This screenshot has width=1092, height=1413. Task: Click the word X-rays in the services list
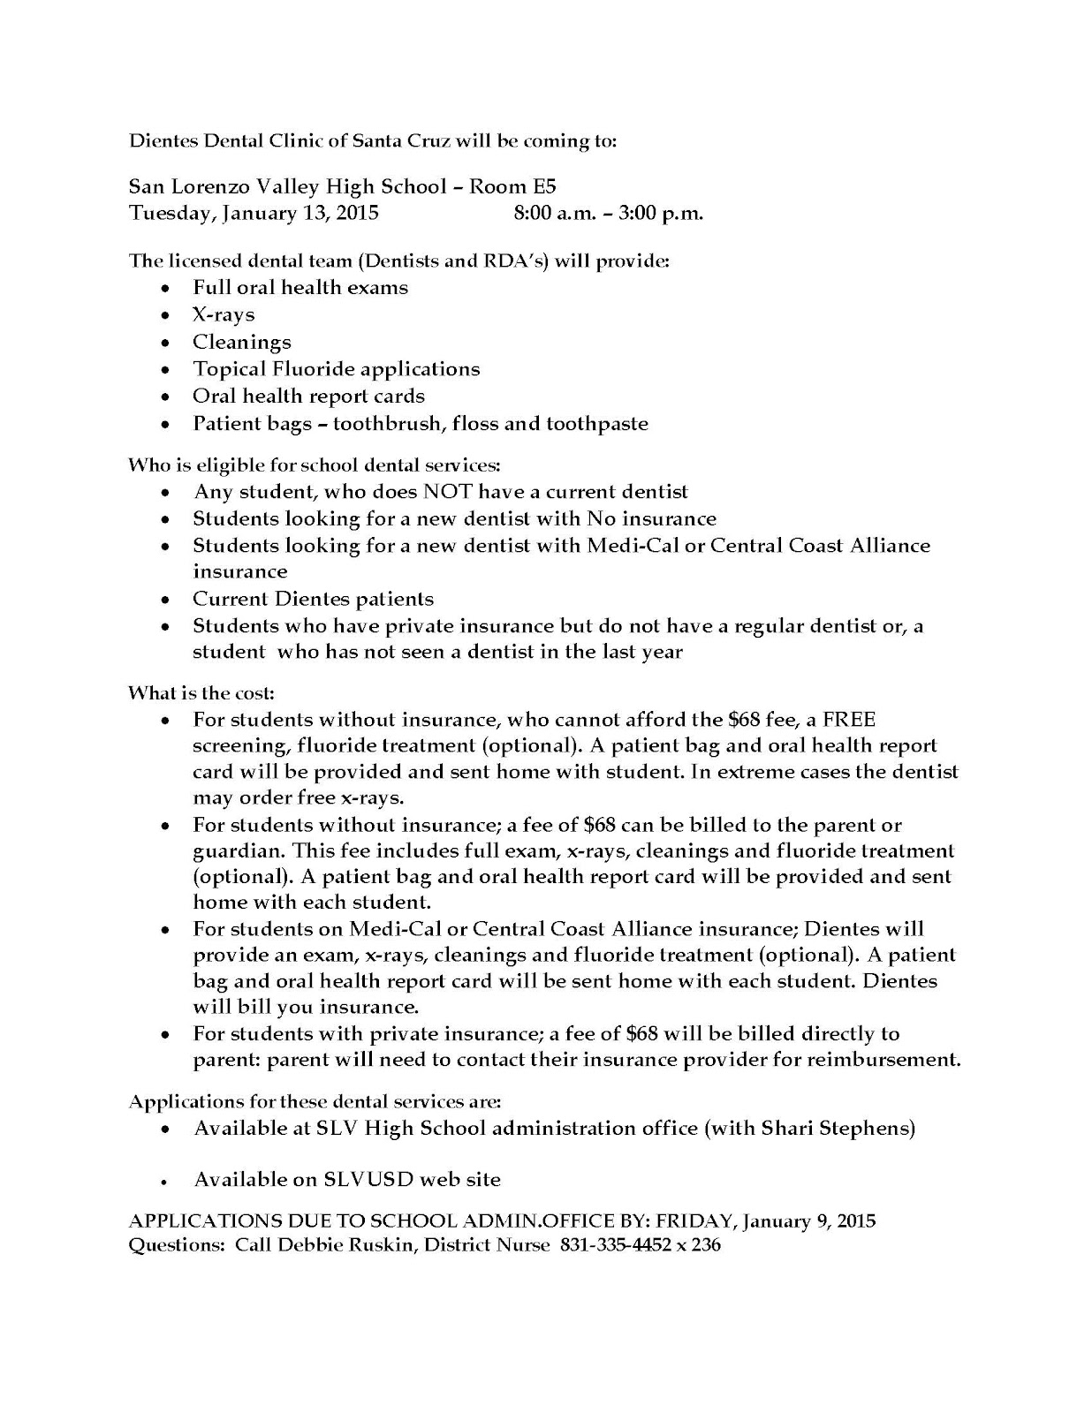224,314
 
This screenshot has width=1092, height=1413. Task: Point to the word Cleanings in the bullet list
242,342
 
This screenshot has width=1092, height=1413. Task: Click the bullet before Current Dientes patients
166,601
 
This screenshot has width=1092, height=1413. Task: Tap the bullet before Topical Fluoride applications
166,370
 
